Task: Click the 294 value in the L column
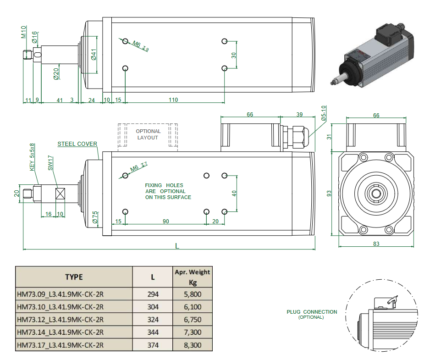point(153,294)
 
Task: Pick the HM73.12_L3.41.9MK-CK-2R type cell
point(60,320)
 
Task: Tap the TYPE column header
point(74,277)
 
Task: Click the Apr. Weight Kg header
point(192,277)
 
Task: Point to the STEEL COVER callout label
point(77,144)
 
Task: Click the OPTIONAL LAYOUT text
point(148,134)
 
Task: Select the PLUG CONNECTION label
point(312,312)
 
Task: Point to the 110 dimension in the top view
point(173,100)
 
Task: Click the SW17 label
point(51,163)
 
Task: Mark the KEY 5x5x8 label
point(33,156)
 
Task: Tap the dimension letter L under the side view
point(176,246)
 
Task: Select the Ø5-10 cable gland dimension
point(324,113)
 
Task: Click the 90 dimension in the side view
point(165,222)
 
